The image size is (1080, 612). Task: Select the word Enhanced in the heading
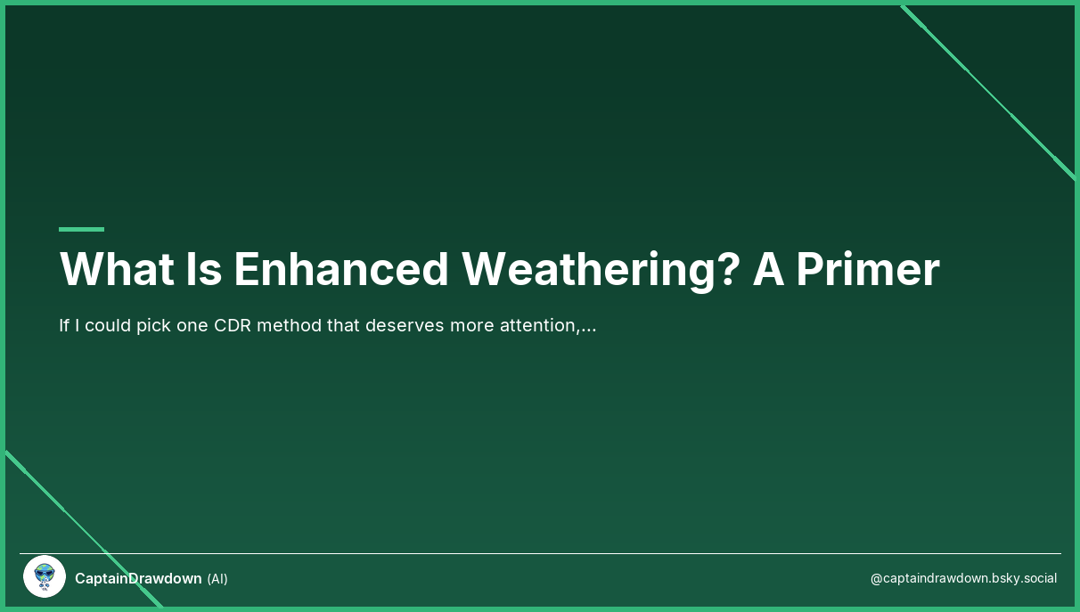pyautogui.click(x=340, y=269)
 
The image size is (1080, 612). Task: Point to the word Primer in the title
pyautogui.click(x=867, y=269)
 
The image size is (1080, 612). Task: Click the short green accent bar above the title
pyautogui.click(x=81, y=229)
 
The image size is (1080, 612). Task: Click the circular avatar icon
pyautogui.click(x=45, y=577)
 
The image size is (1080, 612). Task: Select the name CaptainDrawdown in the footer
pyautogui.click(x=138, y=578)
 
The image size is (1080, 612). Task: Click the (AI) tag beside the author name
pyautogui.click(x=217, y=579)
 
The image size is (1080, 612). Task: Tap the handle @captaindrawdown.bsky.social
pyautogui.click(x=963, y=578)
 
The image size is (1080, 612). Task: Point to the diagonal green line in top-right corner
pyautogui.click(x=989, y=93)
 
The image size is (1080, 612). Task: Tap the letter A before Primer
pyautogui.click(x=767, y=269)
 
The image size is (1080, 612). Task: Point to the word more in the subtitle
pyautogui.click(x=473, y=325)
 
